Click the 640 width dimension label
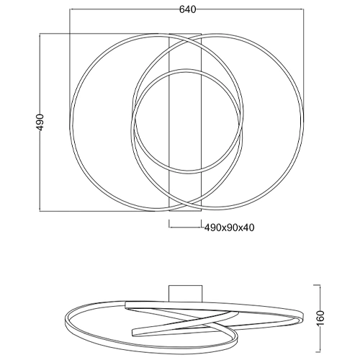[188, 9]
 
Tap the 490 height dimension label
[41, 122]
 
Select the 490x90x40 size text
[229, 228]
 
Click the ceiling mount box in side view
[185, 293]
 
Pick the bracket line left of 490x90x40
[185, 227]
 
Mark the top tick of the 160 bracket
[317, 285]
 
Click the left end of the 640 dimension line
[70, 9]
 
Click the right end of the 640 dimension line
[303, 9]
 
